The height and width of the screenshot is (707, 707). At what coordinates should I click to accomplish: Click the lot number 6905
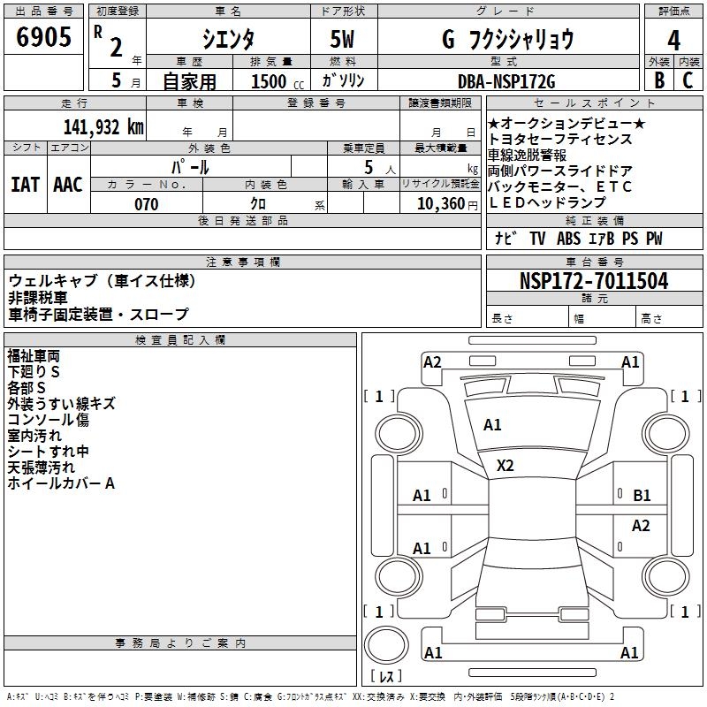point(45,38)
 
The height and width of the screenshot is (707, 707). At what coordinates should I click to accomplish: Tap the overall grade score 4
point(673,40)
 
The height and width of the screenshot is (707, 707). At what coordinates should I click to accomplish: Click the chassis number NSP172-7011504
point(594,282)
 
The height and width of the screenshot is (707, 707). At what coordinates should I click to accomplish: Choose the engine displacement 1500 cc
point(274,81)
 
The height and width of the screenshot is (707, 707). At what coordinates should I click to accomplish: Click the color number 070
point(146,204)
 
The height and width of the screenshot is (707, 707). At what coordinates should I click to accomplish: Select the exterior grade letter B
point(658,81)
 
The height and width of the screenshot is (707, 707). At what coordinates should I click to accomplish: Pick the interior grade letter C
point(688,81)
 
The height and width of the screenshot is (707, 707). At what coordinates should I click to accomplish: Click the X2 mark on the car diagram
point(506,465)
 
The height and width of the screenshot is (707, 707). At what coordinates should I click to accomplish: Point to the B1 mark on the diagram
point(642,496)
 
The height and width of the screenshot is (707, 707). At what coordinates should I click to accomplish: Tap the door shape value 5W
point(343,40)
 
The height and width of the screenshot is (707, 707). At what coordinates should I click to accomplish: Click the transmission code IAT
point(25,184)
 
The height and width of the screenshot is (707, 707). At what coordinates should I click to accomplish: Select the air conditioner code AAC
point(68,184)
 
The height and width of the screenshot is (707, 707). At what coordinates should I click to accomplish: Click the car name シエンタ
point(228,40)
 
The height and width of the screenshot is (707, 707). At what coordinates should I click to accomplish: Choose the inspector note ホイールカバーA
point(61,483)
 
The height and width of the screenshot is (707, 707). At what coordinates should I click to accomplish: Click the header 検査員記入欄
point(180,339)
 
